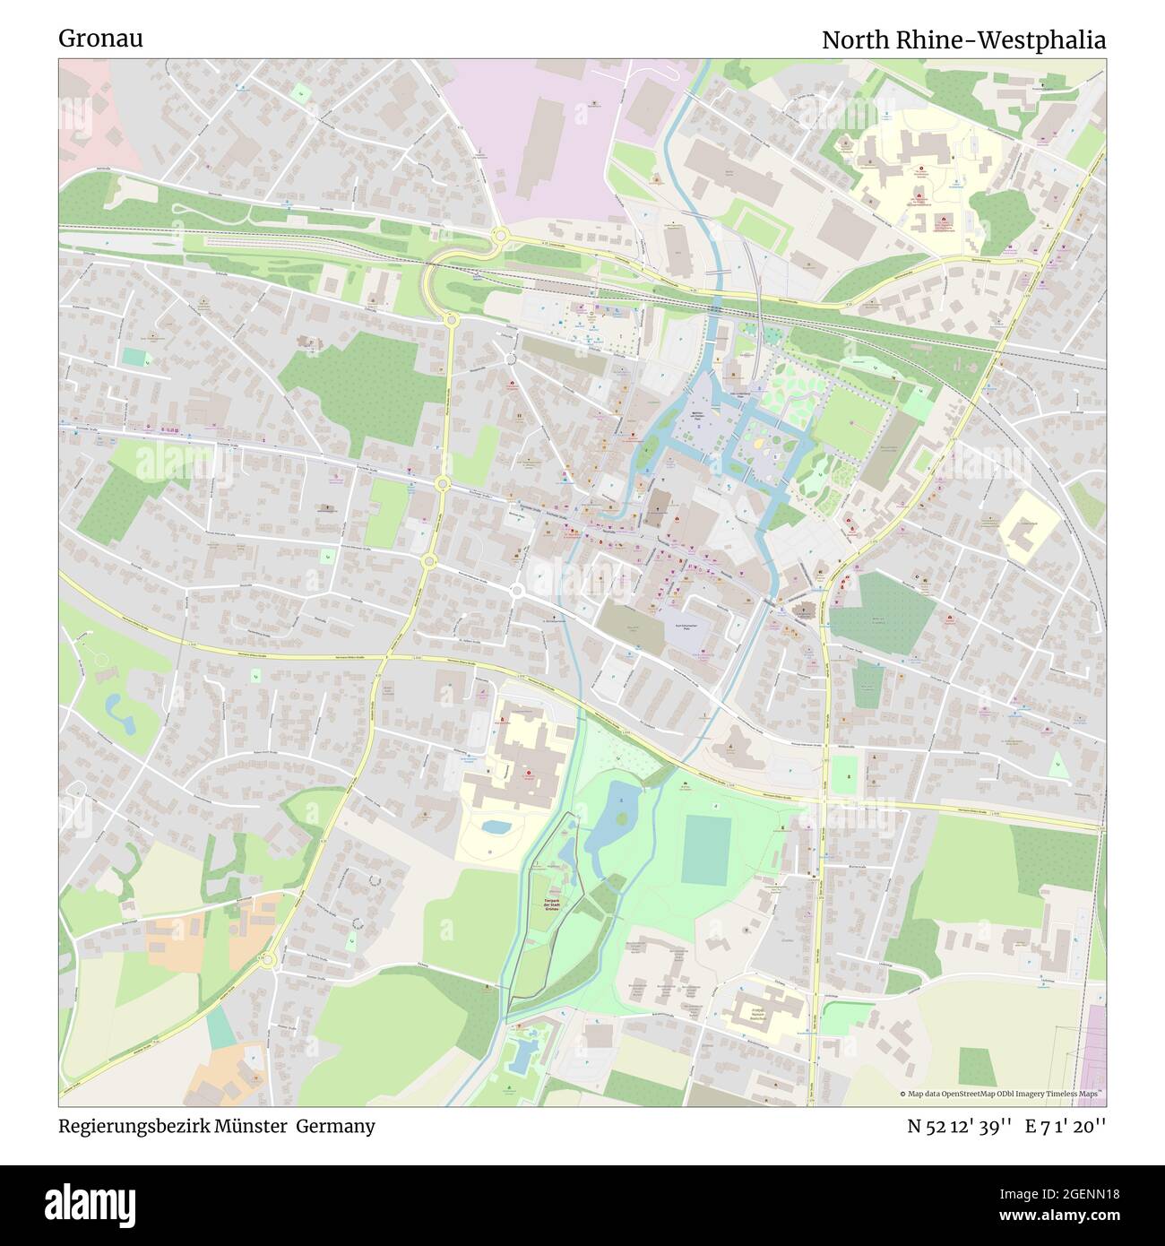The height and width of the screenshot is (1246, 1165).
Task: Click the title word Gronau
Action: [100, 39]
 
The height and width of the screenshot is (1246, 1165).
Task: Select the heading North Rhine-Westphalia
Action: [963, 40]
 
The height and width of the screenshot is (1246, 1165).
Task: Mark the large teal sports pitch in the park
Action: [706, 848]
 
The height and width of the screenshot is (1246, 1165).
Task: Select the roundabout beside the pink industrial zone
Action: [500, 236]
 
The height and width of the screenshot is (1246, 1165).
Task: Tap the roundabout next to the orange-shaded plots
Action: [268, 960]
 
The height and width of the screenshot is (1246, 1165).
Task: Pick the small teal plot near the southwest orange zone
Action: [220, 1027]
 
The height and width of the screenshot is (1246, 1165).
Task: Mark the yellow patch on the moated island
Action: [760, 443]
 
